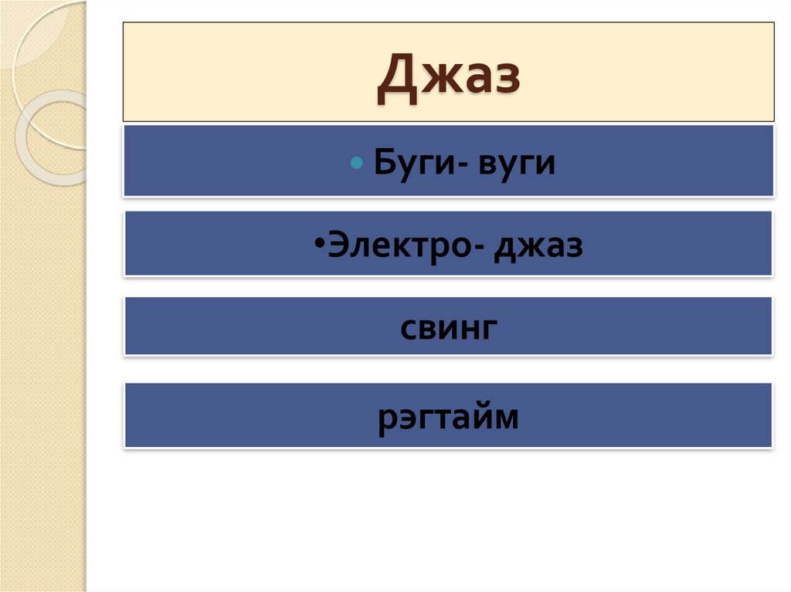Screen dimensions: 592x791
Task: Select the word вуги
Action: point(517,164)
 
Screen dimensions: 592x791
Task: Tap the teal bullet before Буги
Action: point(356,164)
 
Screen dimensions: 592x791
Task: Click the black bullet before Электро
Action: point(320,244)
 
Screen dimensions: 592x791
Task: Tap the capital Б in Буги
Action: point(384,164)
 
